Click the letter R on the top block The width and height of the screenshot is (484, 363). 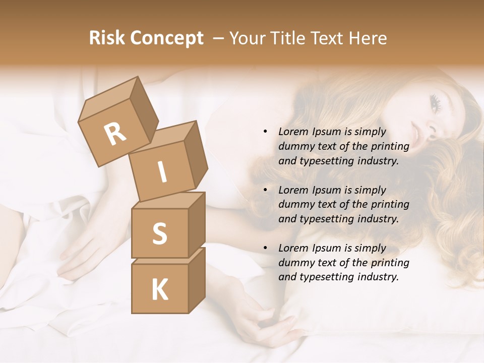115,134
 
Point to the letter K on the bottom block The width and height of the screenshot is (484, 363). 159,290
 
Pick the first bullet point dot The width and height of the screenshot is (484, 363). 266,132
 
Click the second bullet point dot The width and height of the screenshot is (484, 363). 266,191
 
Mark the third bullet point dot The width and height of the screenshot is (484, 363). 266,249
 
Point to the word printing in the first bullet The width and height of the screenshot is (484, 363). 390,147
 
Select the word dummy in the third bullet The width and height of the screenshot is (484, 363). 296,263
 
